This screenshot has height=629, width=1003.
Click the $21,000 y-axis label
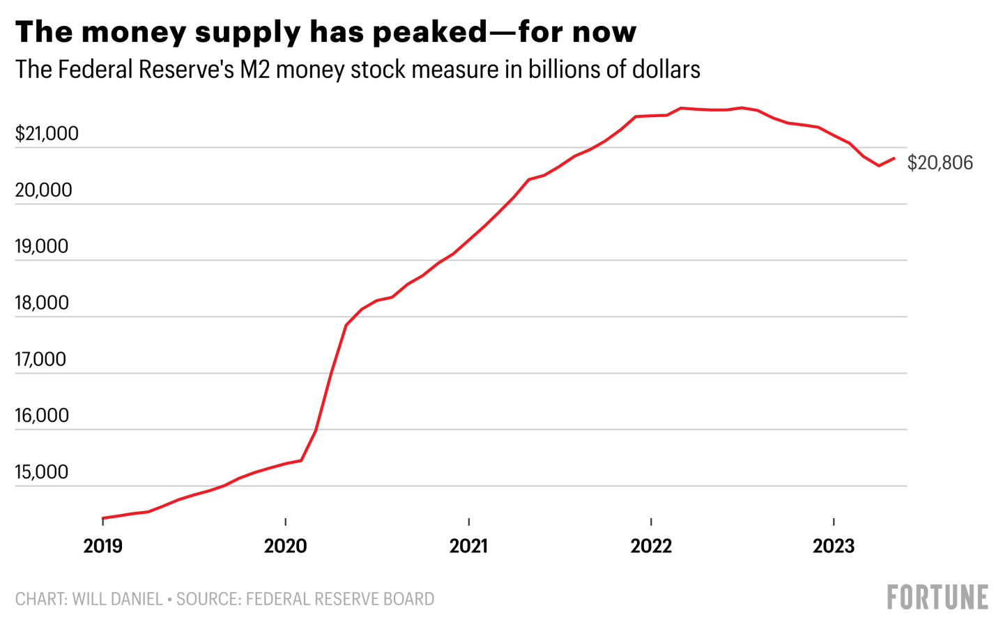[47, 133]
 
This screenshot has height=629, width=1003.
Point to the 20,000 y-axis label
[43, 190]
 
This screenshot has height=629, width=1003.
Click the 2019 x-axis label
[103, 545]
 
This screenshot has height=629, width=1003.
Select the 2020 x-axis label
[286, 545]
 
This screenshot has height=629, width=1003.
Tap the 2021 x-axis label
[468, 545]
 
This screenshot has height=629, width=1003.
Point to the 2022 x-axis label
[651, 545]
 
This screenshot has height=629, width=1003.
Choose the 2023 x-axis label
[834, 545]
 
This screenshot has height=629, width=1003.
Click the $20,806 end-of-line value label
[940, 163]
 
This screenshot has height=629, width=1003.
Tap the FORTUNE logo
[937, 598]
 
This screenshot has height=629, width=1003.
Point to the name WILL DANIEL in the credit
[117, 599]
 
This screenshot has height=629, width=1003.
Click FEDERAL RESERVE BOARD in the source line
[339, 599]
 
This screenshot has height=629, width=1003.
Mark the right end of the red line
[894, 158]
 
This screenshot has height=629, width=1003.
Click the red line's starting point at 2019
[103, 518]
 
